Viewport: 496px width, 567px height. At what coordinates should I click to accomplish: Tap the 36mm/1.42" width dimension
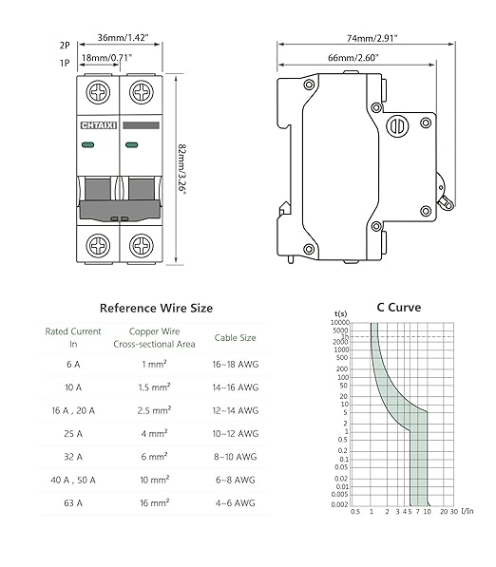pyautogui.click(x=123, y=39)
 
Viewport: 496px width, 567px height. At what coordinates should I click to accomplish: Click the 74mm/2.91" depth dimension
pyautogui.click(x=372, y=39)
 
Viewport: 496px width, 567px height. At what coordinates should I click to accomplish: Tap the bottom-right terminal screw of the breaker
pyautogui.click(x=142, y=245)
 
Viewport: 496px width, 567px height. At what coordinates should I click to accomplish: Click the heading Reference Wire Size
pyautogui.click(x=156, y=308)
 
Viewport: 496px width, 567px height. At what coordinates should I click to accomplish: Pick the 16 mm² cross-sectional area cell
pyautogui.click(x=154, y=504)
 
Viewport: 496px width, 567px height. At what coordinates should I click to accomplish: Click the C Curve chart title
pyautogui.click(x=399, y=307)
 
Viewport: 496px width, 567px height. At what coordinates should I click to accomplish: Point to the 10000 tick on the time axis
pyautogui.click(x=339, y=324)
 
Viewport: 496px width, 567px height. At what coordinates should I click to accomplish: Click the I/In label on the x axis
pyautogui.click(x=467, y=511)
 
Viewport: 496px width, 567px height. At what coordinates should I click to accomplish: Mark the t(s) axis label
pyautogui.click(x=340, y=313)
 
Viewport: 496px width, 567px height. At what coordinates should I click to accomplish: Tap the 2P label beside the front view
pyautogui.click(x=65, y=45)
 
